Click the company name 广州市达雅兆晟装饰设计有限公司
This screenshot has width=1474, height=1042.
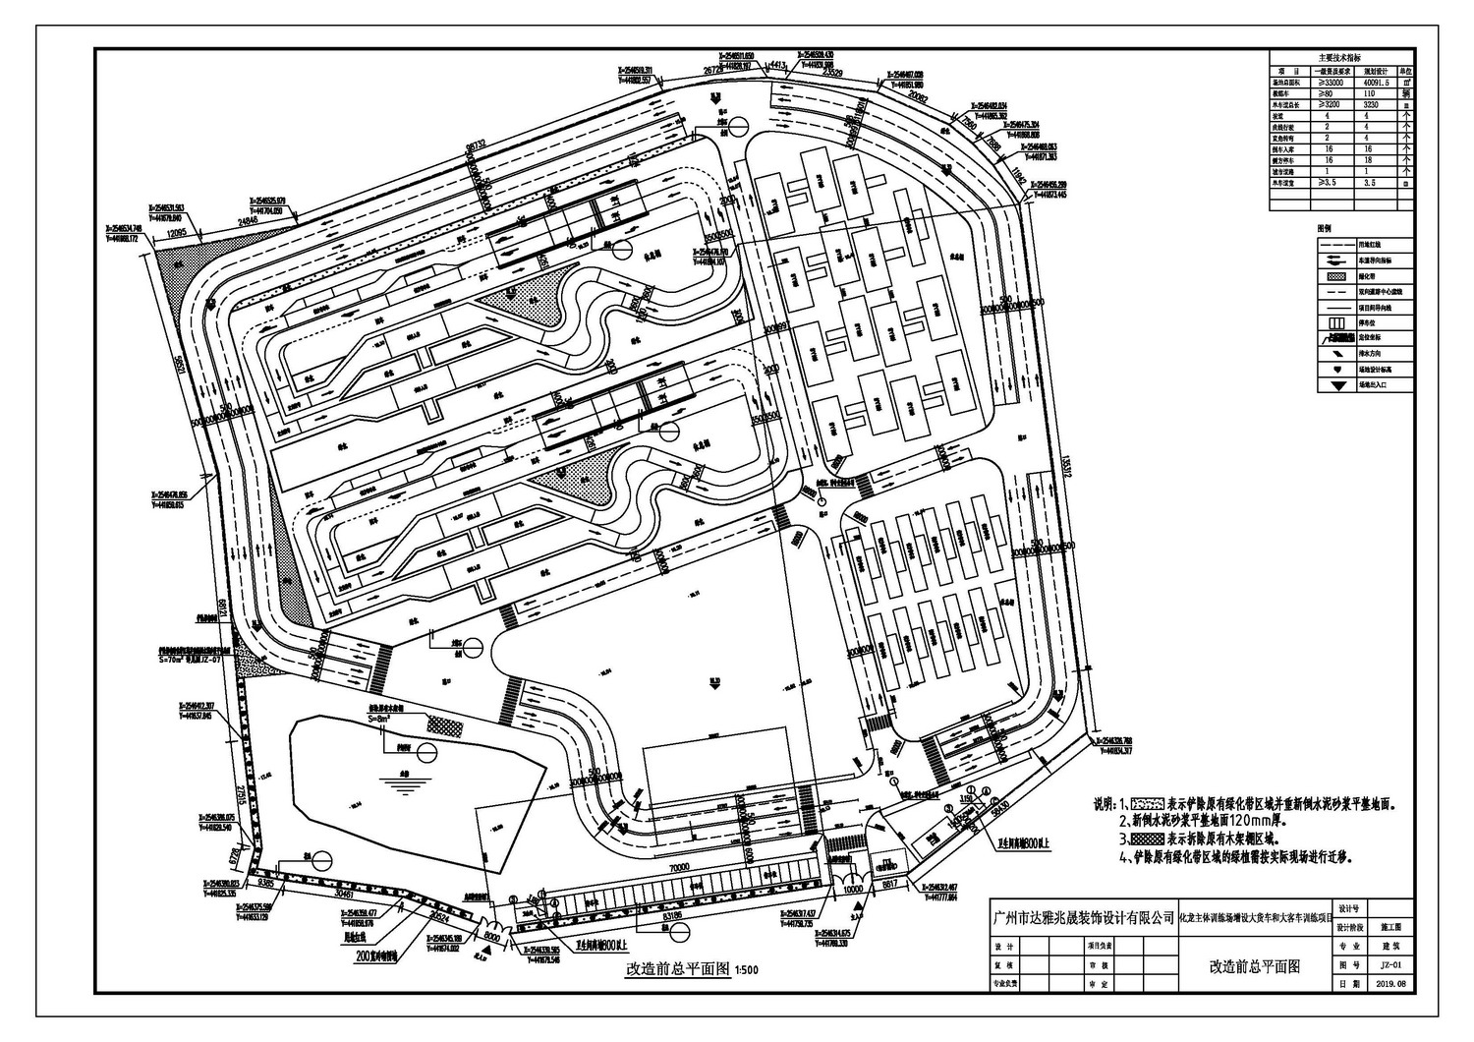(1084, 916)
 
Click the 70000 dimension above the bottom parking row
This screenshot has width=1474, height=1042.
(672, 870)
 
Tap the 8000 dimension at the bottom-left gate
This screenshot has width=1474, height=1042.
(492, 937)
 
